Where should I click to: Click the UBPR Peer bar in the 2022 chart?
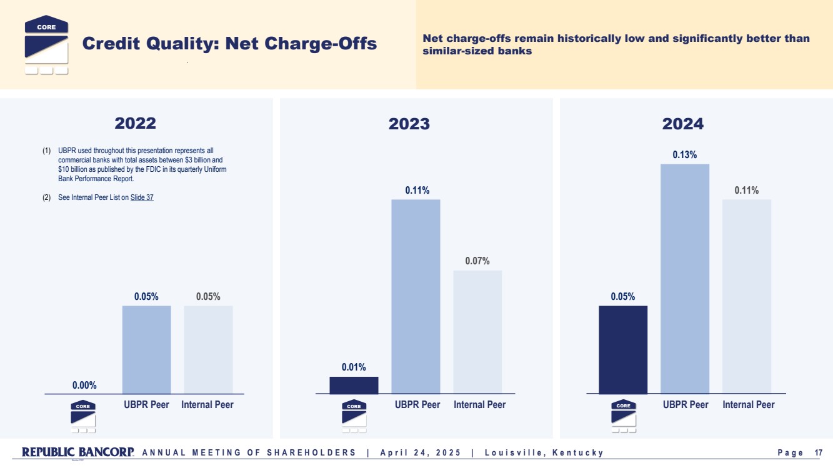(146, 349)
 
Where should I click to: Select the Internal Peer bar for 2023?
(477, 332)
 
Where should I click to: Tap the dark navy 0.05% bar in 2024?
(623, 349)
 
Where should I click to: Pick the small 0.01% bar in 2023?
(354, 385)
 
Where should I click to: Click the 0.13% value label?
(685, 154)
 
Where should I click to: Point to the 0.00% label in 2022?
(84, 386)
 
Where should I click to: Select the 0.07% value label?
(477, 261)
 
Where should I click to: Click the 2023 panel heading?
(409, 124)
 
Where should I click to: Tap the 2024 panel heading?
(683, 124)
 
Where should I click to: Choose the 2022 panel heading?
(135, 123)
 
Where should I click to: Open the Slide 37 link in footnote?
(142, 197)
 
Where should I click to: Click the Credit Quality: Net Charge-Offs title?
(229, 44)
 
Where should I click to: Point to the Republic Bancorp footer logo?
(77, 452)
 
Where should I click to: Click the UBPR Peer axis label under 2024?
(686, 405)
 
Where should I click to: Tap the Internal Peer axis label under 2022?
(207, 405)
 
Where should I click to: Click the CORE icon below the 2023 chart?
(354, 416)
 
